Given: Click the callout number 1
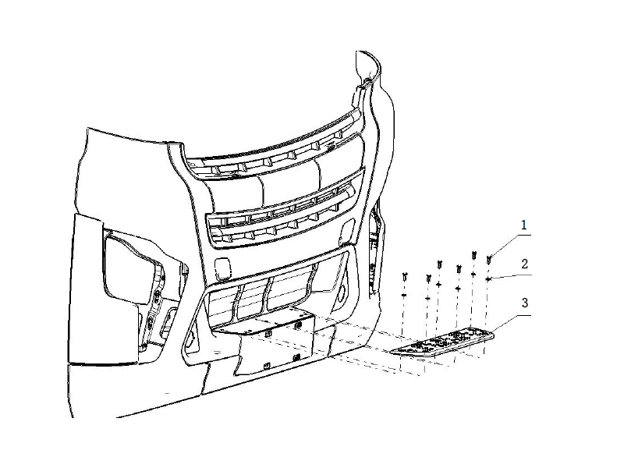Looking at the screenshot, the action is click(x=523, y=225).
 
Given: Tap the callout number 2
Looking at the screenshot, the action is click(x=524, y=264).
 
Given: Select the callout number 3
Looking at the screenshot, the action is click(x=524, y=303).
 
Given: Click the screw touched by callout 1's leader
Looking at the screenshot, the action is click(x=489, y=261).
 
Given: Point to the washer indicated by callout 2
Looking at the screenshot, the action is click(x=488, y=279).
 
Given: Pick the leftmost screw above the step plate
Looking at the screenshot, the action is click(x=405, y=276).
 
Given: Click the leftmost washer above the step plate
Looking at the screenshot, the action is click(x=403, y=295).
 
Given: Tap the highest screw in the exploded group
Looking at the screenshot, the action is click(x=474, y=255).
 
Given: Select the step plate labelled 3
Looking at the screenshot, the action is click(x=441, y=342).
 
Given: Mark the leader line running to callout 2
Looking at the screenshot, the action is click(x=511, y=278).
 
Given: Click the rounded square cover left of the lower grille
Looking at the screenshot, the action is click(x=223, y=268).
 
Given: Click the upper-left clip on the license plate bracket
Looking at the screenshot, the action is click(x=268, y=333).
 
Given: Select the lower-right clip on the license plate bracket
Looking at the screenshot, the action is click(x=296, y=358).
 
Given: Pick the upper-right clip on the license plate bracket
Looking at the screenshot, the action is click(x=297, y=326).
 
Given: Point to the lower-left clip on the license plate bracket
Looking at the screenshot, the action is click(x=267, y=365).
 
